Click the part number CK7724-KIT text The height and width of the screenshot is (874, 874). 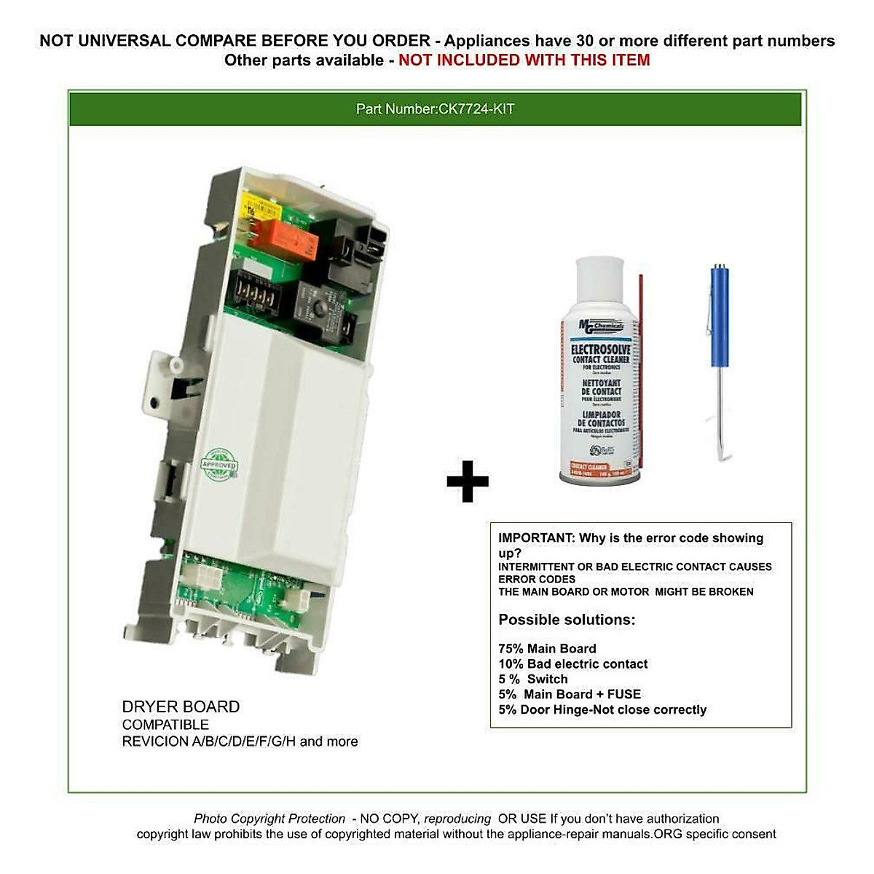[x=435, y=109]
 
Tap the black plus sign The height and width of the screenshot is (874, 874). [x=467, y=481]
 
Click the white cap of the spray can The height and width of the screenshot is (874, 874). [x=599, y=283]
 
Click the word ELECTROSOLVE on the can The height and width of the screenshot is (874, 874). [x=600, y=350]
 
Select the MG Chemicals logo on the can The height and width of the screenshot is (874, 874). [x=601, y=326]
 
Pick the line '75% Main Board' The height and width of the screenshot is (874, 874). [x=547, y=648]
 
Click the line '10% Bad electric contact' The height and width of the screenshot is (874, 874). [x=572, y=664]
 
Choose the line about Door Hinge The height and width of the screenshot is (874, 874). [x=602, y=709]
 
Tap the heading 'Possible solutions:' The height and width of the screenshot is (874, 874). [x=567, y=620]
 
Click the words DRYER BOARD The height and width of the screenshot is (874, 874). [x=181, y=706]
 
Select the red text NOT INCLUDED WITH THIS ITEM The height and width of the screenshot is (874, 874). [x=524, y=60]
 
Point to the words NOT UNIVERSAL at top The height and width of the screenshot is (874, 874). [x=105, y=41]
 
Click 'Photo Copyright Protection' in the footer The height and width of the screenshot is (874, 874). [x=269, y=819]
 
